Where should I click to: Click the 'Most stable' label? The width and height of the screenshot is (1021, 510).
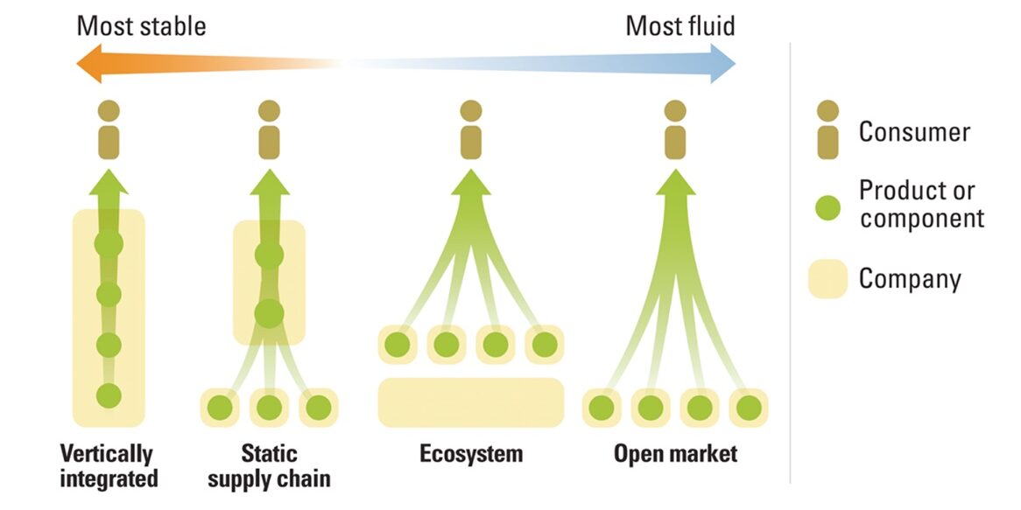[141, 25]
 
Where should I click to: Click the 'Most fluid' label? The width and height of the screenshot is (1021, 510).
[679, 25]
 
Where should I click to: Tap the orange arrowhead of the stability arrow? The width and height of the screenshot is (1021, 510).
[88, 66]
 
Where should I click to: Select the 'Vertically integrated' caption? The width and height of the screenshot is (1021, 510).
[109, 466]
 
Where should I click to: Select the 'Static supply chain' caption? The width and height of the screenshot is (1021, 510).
[269, 466]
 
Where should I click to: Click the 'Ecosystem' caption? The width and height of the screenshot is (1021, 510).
[470, 454]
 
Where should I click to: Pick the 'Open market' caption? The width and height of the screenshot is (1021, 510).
[675, 454]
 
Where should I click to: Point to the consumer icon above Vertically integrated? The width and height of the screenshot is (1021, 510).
[109, 130]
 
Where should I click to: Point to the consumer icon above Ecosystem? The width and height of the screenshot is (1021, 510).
[471, 130]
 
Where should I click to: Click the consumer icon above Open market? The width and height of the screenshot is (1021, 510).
[674, 130]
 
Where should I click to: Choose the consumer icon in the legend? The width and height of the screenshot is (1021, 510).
[827, 130]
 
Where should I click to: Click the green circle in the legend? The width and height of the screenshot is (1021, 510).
[827, 207]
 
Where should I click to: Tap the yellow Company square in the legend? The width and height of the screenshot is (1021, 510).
[827, 279]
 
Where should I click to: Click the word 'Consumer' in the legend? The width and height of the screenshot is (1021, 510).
[914, 132]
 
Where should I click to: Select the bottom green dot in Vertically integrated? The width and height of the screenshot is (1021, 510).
[109, 395]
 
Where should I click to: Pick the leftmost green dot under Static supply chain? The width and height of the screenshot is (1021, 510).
[221, 408]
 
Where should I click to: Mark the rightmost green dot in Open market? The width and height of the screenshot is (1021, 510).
[748, 408]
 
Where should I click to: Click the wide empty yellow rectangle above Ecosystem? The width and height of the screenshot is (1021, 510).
[470, 402]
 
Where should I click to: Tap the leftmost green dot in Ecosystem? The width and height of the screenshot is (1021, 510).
[398, 345]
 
